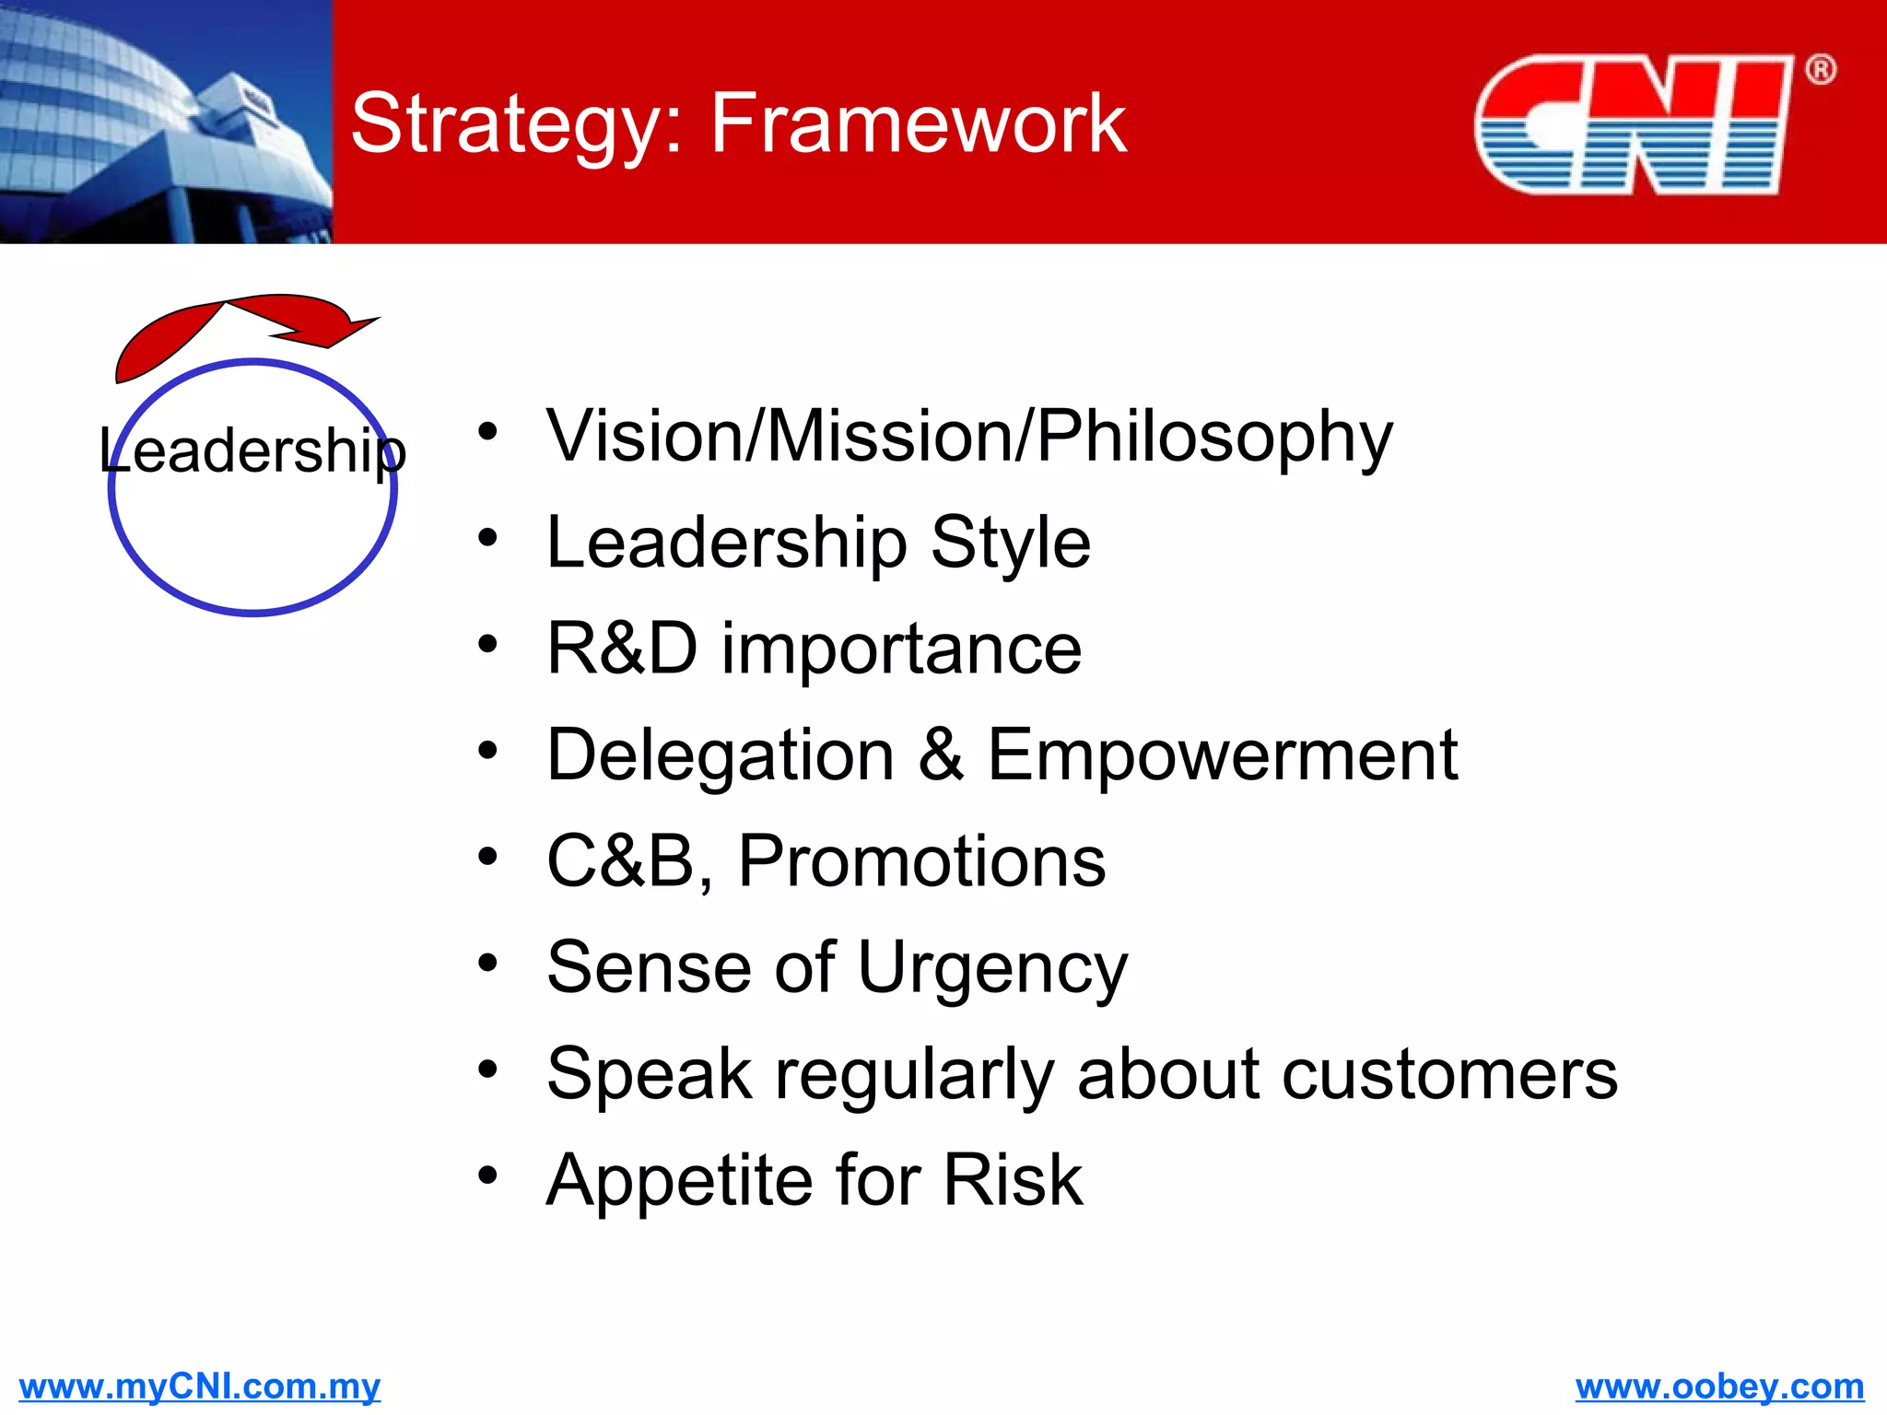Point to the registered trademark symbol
pos(1820,70)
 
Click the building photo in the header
pos(166,122)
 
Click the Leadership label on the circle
pos(252,450)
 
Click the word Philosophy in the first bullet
pos(1214,437)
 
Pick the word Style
pos(1010,543)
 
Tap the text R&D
pos(622,649)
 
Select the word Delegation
pos(721,755)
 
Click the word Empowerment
pos(1222,755)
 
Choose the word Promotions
pos(921,861)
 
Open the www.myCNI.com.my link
pos(199,1386)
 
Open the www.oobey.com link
pos(1719,1386)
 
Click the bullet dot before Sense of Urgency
pos(487,964)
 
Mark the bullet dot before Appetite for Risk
pos(487,1175)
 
